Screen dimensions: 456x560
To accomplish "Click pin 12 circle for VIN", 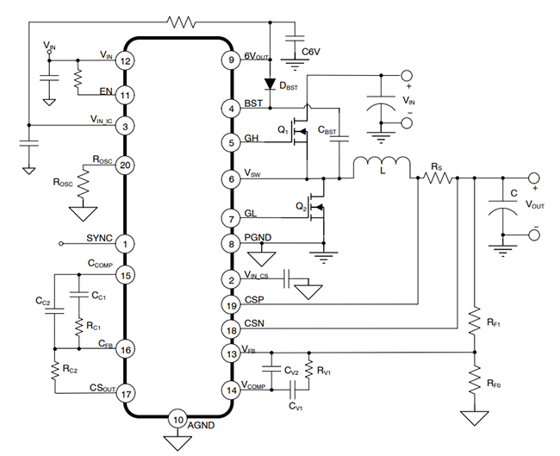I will coord(126,61).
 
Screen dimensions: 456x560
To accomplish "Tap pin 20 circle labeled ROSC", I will coord(126,166).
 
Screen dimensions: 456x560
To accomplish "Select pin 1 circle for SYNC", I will coord(126,244).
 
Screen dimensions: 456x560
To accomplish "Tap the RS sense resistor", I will coord(437,178).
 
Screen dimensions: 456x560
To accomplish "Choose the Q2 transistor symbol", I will coord(319,209).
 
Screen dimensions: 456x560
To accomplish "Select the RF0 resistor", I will coord(473,381).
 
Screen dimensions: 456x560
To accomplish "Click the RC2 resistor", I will coord(56,368).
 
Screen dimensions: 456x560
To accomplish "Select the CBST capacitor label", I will coord(329,133).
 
